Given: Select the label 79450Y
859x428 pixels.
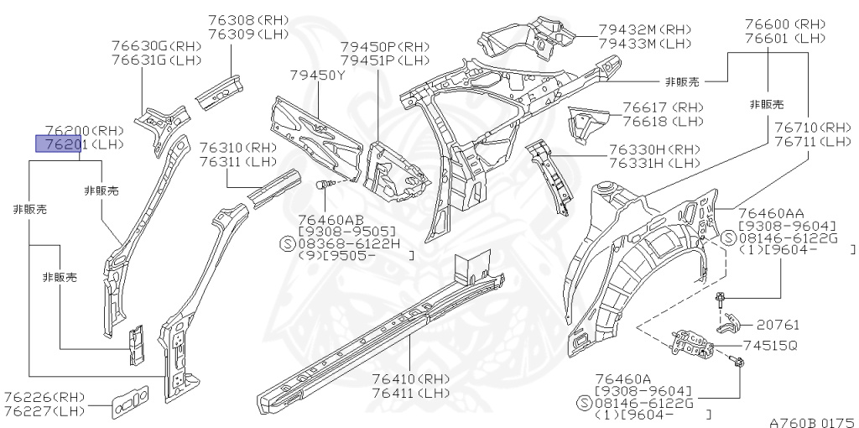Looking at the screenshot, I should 318,76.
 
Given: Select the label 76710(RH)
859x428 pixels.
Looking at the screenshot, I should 812,128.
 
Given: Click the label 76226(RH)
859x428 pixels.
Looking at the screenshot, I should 44,397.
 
